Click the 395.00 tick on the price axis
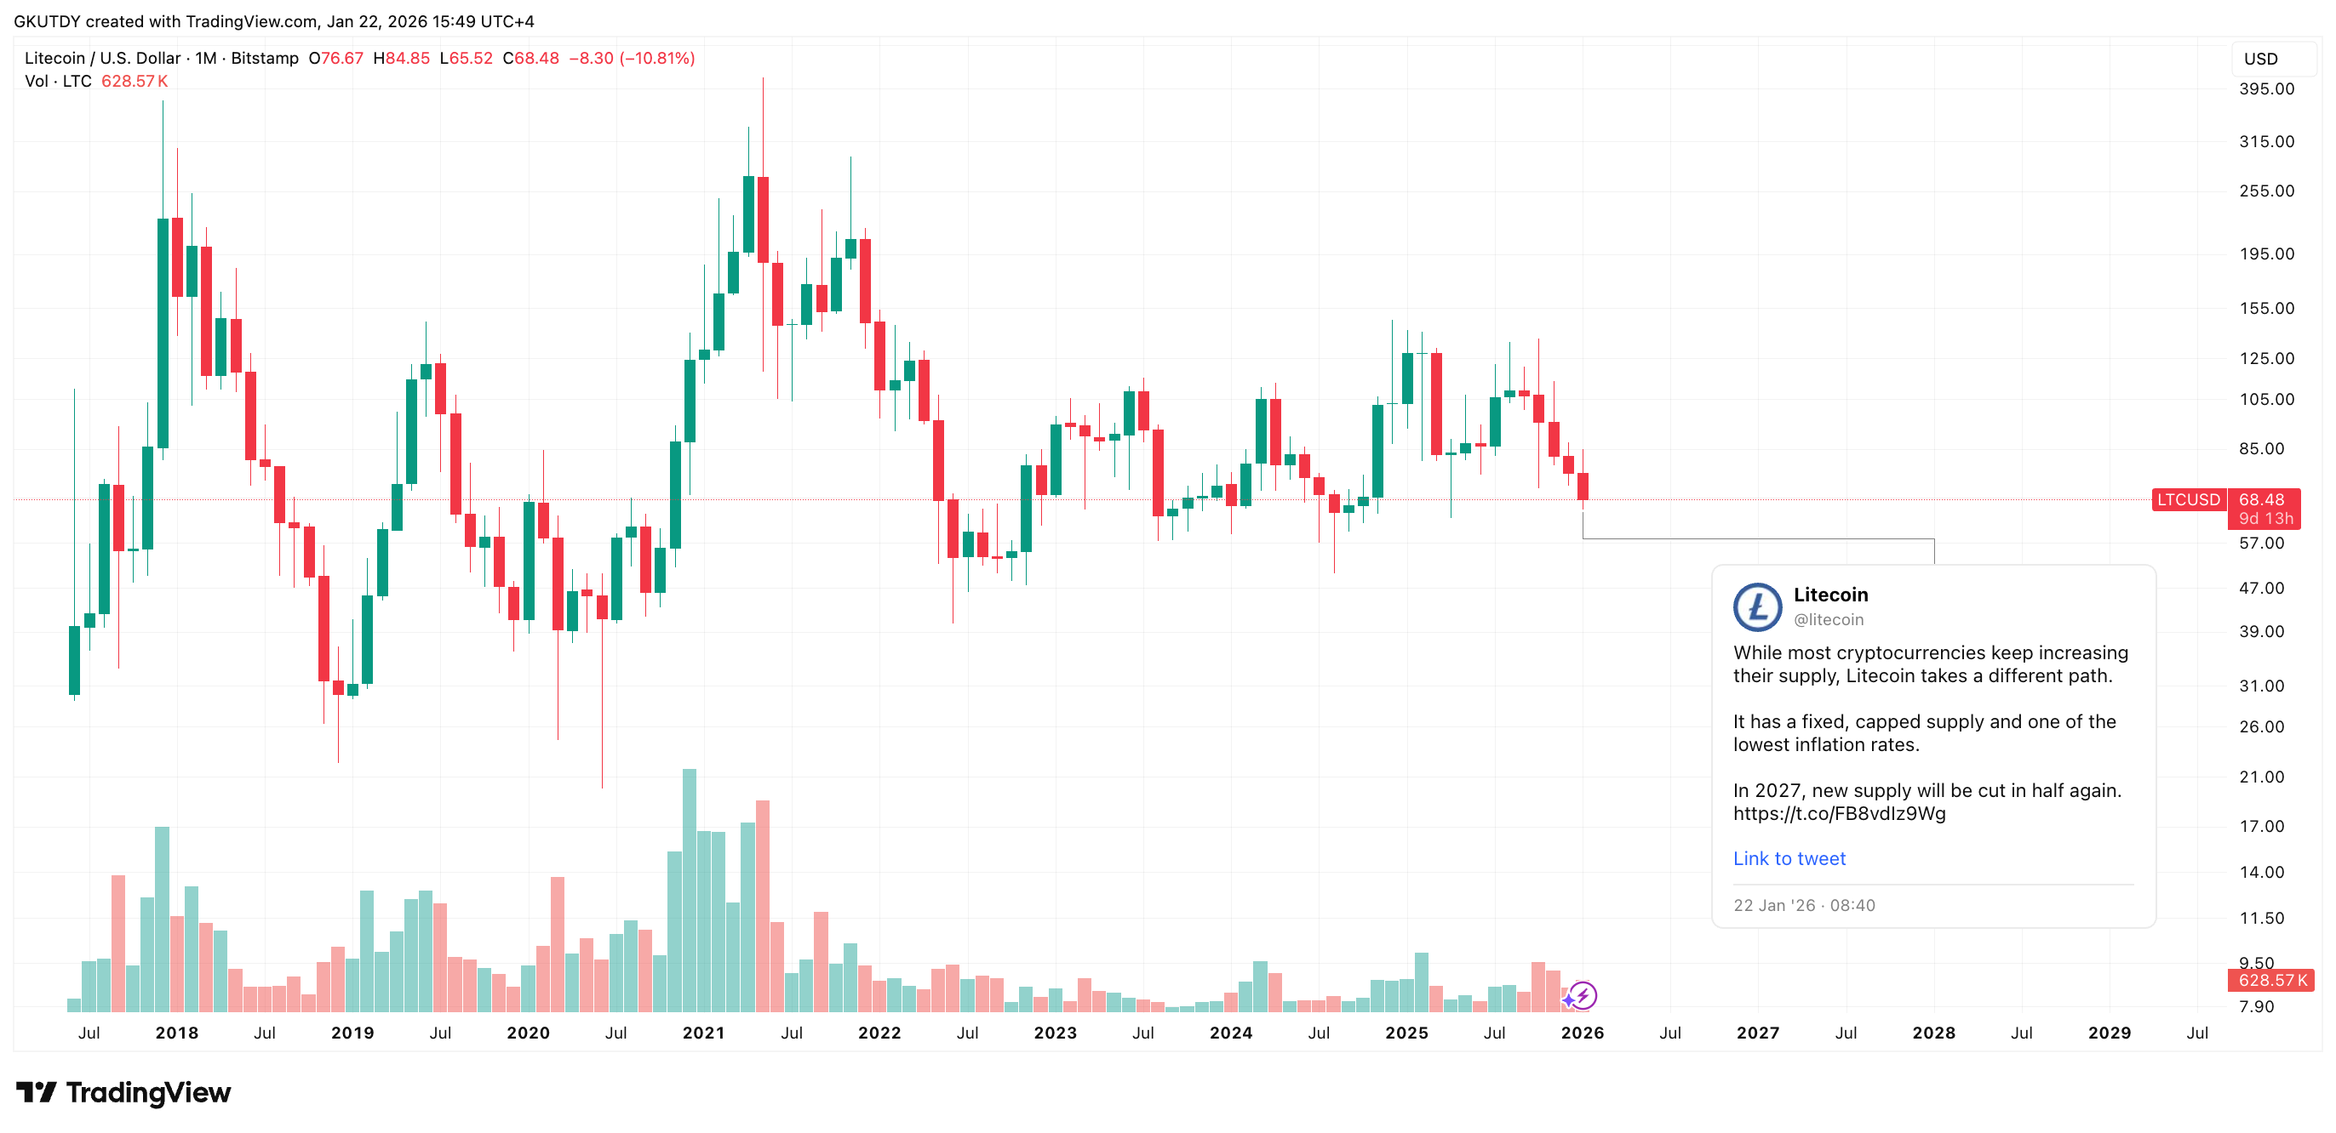[x=2265, y=88]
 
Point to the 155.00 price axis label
[x=2265, y=308]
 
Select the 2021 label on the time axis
[x=703, y=1033]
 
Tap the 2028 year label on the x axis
[x=1933, y=1033]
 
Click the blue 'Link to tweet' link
[x=1789, y=858]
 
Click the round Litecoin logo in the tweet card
[x=1756, y=606]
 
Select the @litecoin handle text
[x=1828, y=619]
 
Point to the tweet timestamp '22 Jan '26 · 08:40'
[x=1804, y=904]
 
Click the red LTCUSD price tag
[x=2187, y=499]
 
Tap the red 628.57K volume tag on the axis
[x=2271, y=980]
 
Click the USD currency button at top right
[x=2260, y=59]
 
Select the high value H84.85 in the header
[x=401, y=58]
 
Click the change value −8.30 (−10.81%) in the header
[x=631, y=58]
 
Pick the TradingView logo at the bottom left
[x=123, y=1092]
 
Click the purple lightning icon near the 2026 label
[x=1583, y=995]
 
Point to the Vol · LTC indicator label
[x=58, y=81]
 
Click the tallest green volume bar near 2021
[x=690, y=888]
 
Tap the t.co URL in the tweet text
[x=1838, y=813]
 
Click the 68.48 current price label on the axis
[x=2261, y=499]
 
